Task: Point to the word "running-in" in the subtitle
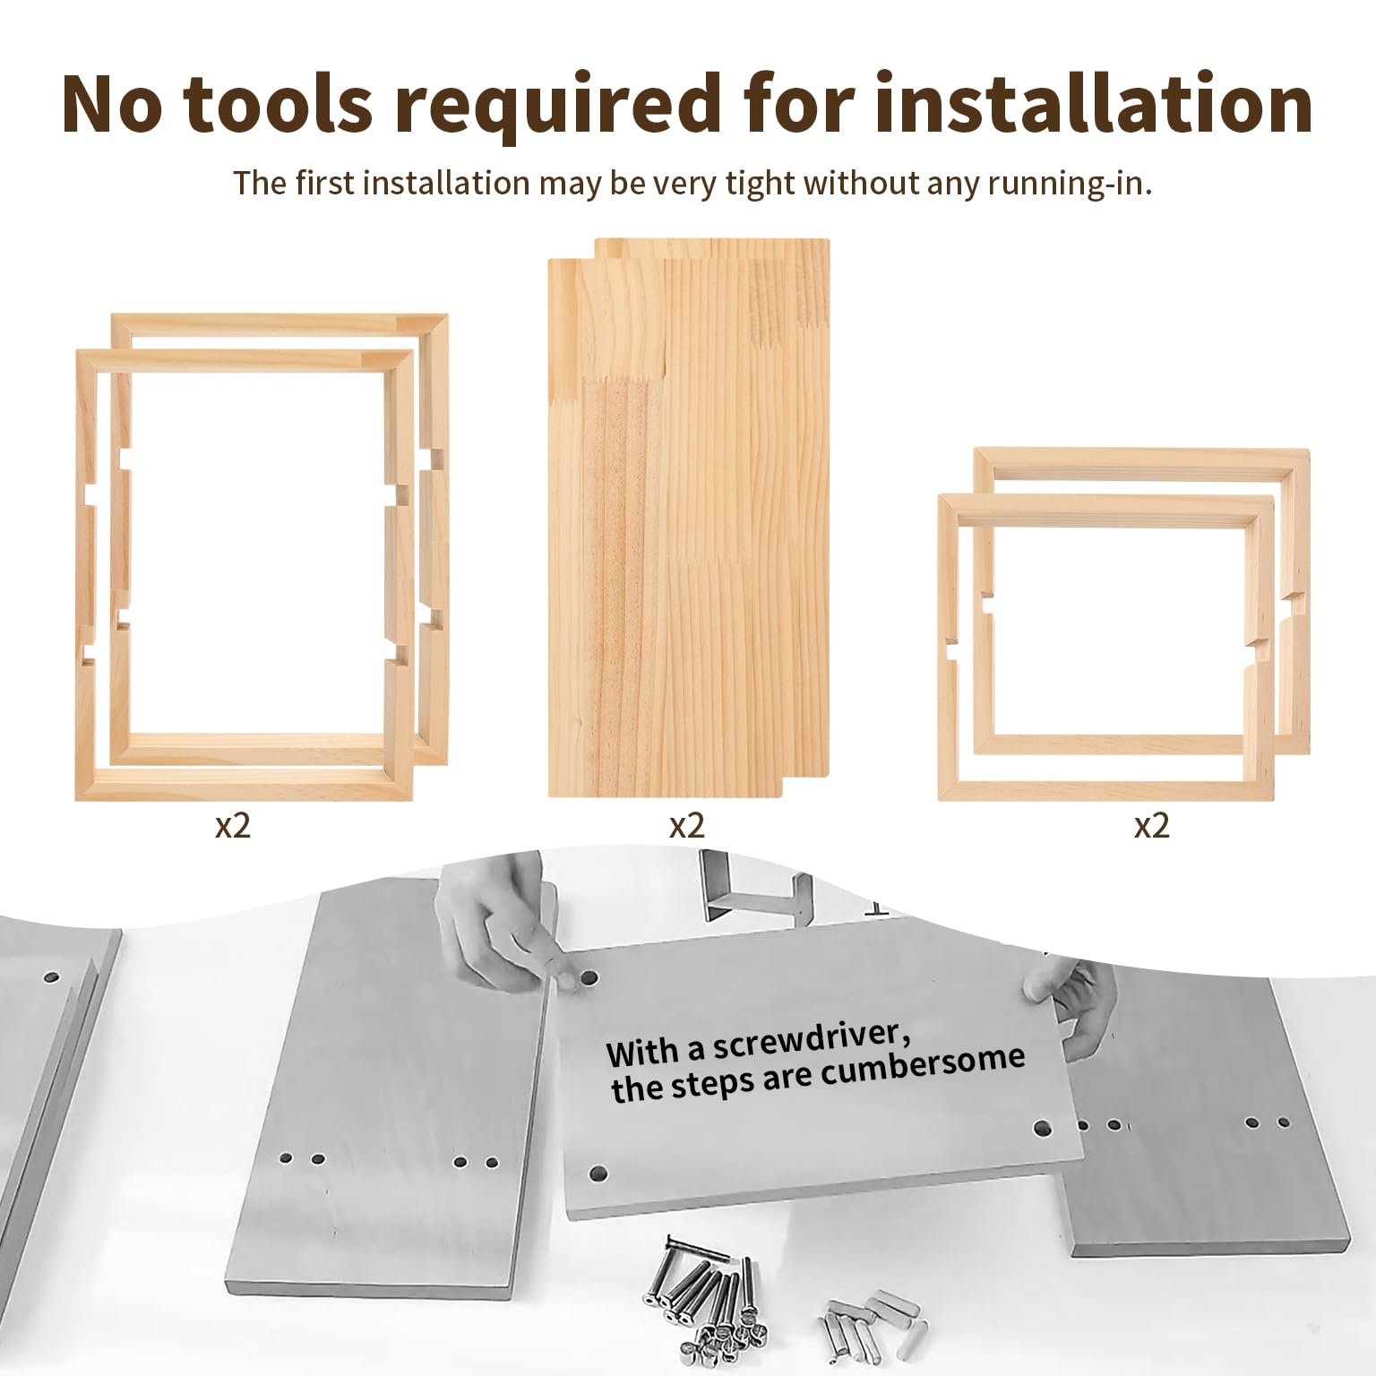[1070, 185]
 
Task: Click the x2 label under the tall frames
[232, 825]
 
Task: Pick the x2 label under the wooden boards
[686, 825]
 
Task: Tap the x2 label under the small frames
[1151, 825]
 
